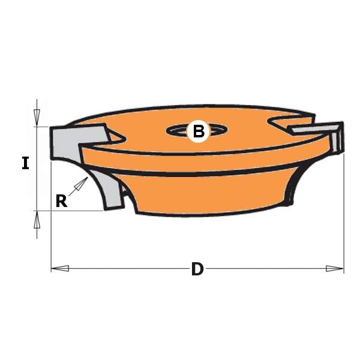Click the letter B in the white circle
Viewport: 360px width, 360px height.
tap(198, 131)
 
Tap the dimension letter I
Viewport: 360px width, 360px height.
tap(25, 163)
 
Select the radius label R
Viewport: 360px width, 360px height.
tap(61, 201)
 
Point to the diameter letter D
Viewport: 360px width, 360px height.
tap(197, 269)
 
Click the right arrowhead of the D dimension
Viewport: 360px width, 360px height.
tap(335, 268)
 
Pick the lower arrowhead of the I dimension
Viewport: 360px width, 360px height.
tap(37, 221)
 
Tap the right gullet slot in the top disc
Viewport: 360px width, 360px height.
tap(282, 123)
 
